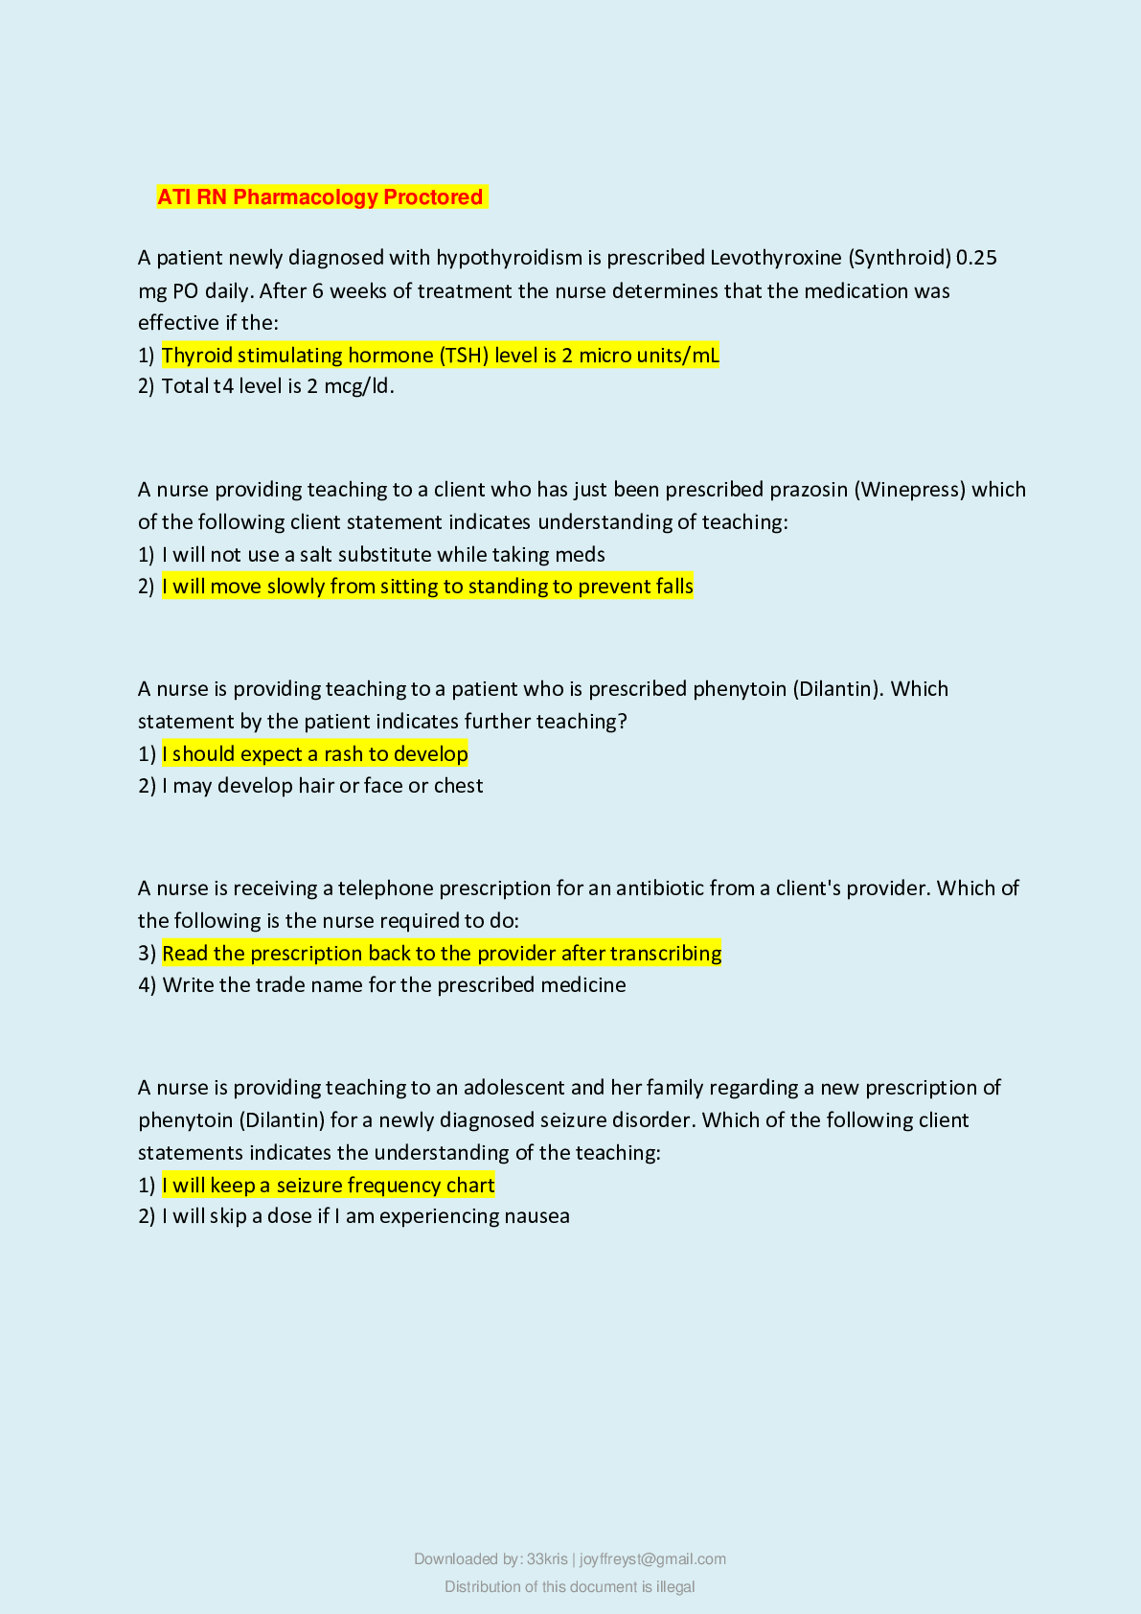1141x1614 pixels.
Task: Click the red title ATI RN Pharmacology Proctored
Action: [x=320, y=197]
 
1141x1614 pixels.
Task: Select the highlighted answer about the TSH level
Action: [x=440, y=356]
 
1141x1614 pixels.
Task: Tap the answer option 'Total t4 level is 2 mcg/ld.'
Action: [x=278, y=386]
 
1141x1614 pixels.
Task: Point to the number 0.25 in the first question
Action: [x=976, y=258]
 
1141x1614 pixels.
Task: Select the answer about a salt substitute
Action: [x=383, y=555]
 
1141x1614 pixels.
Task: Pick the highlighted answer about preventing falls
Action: [x=427, y=587]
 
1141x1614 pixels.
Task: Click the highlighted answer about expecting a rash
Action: [x=315, y=754]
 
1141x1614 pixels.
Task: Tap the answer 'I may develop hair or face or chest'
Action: [x=322, y=786]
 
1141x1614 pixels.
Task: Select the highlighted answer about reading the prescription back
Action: [x=442, y=954]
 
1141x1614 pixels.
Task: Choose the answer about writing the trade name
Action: [x=394, y=985]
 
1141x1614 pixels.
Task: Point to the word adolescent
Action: [x=513, y=1088]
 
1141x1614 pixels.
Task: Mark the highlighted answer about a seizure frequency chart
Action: [x=329, y=1186]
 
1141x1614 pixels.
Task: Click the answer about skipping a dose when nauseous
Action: [x=366, y=1216]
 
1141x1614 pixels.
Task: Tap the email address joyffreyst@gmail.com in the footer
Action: [x=652, y=1559]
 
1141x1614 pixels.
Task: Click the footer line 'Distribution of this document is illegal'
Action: [x=570, y=1587]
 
